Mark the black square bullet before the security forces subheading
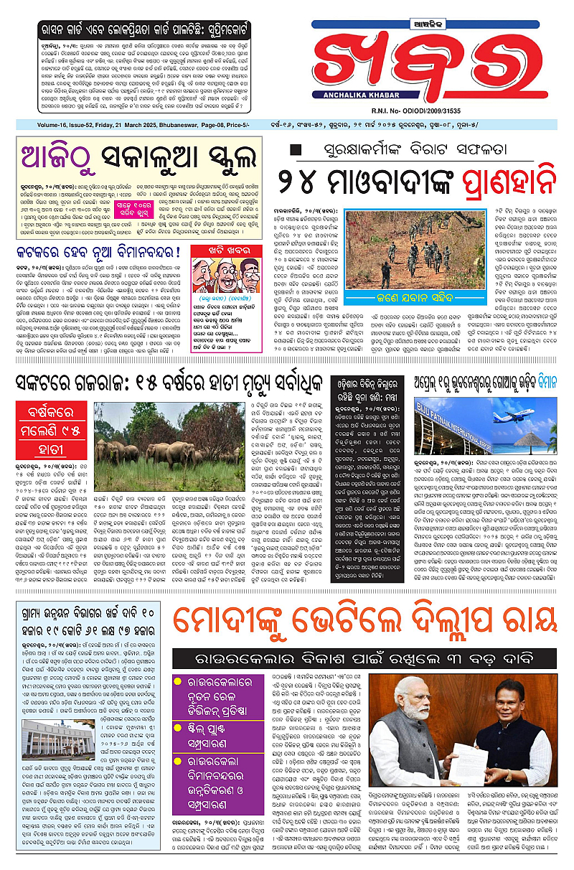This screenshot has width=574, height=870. pyautogui.click(x=293, y=150)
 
